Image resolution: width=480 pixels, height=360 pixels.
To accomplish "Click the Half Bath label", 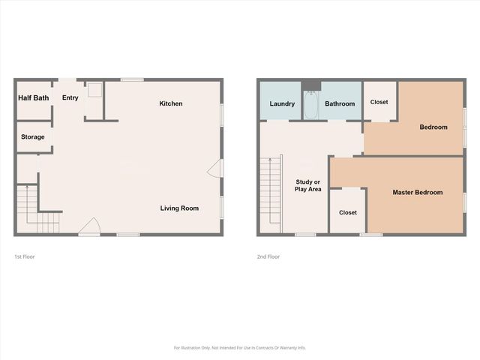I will pos(34,97).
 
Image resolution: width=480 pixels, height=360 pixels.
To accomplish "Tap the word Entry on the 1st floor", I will pos(70,97).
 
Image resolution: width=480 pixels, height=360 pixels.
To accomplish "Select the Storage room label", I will pos(33,137).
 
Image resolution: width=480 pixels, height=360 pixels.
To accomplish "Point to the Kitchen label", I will pos(171,103).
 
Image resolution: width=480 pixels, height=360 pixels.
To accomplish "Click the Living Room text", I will pos(179,208).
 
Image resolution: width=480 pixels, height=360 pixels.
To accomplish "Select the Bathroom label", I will pos(340,103).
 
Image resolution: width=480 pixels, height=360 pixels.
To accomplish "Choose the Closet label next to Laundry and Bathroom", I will pos(379,101).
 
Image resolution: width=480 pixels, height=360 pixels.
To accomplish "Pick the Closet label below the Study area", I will pos(348,212).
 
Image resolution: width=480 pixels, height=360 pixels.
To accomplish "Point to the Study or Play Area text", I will pos(308,185).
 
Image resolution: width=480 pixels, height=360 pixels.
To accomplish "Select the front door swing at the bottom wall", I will pos(91,226).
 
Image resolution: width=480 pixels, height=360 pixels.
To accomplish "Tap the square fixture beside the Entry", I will pos(94,91).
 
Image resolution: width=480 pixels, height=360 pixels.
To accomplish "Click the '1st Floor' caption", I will pos(24,256).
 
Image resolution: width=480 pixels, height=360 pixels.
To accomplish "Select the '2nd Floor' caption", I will pos(268,256).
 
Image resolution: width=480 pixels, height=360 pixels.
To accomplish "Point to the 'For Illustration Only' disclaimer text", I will pos(240,347).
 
